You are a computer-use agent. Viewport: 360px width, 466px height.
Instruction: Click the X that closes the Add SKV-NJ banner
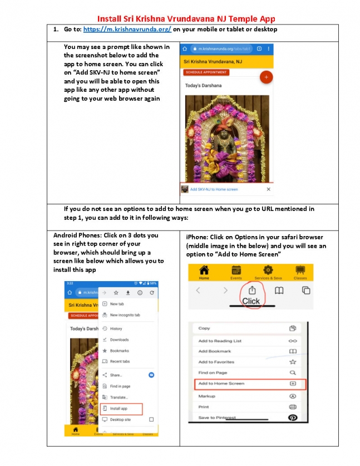tap(268, 189)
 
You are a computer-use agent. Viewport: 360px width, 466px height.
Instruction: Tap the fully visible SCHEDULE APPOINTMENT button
tap(206, 72)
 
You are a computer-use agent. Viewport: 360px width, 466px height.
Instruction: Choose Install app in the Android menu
tap(119, 408)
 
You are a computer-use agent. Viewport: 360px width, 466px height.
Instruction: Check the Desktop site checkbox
tap(151, 419)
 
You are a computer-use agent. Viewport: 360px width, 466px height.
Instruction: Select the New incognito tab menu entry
tap(125, 315)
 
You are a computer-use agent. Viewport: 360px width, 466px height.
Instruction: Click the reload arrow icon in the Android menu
tap(151, 292)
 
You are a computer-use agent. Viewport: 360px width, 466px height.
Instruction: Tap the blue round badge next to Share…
tap(151, 375)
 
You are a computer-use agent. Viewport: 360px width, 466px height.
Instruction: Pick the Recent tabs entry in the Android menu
tap(119, 361)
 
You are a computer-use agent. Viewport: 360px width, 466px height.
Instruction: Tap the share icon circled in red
tap(251, 290)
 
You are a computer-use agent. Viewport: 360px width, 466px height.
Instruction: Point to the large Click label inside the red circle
tap(251, 301)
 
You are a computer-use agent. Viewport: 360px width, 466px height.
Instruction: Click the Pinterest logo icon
tap(293, 418)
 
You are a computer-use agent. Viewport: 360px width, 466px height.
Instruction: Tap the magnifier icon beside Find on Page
tap(293, 373)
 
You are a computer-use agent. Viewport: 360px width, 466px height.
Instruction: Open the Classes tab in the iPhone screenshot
tap(300, 272)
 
